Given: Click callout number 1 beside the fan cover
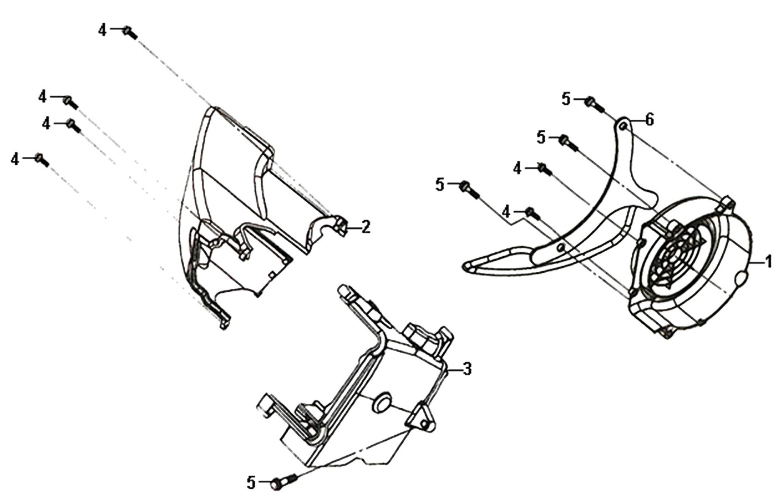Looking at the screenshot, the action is (x=768, y=261).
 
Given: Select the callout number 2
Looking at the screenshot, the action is (x=366, y=227).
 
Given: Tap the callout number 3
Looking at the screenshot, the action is (x=467, y=369).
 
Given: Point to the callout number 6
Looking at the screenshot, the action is (x=649, y=120).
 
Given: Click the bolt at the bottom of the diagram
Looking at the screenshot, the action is (x=285, y=482).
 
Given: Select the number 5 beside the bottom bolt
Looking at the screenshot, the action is (x=251, y=483).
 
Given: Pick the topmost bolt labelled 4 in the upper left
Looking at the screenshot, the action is (x=130, y=32).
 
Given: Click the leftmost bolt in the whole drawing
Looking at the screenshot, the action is (x=42, y=160).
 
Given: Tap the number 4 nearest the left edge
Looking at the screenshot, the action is (x=14, y=160).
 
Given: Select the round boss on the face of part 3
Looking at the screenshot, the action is (x=381, y=403).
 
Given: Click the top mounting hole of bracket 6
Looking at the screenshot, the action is (x=624, y=126).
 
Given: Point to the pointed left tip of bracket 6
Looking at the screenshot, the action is (x=464, y=267).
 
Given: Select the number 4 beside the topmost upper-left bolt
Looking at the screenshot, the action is (x=102, y=30).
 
